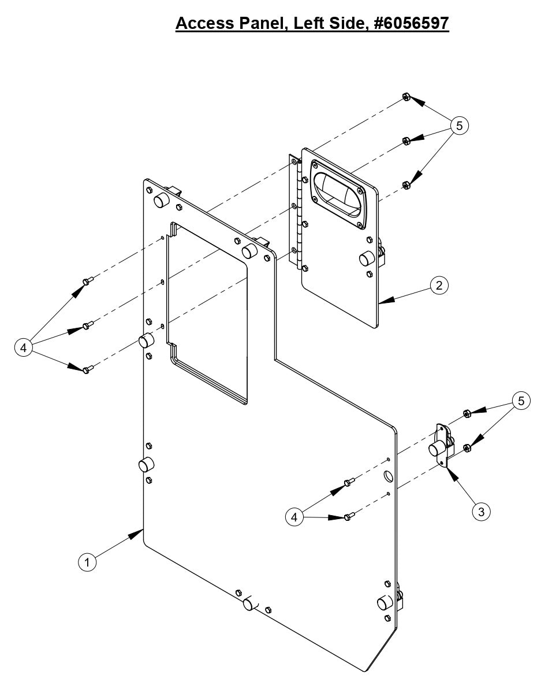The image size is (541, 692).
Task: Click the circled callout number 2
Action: pyautogui.click(x=439, y=285)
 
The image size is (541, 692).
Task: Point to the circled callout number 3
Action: pyautogui.click(x=481, y=511)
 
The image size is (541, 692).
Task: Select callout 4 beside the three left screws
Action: pyautogui.click(x=23, y=347)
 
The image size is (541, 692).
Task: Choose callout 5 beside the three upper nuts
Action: pyautogui.click(x=460, y=125)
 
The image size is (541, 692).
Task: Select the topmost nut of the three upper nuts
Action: pyautogui.click(x=406, y=97)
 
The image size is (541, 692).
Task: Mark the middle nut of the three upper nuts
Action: pyautogui.click(x=406, y=141)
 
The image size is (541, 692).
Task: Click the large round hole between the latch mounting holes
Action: pyautogui.click(x=387, y=476)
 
